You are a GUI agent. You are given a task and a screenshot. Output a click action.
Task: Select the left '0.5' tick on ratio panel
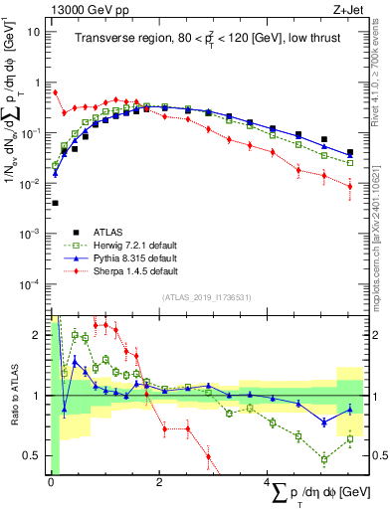(x=33, y=455)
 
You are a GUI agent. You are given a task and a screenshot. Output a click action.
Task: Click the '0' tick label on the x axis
(x=51, y=482)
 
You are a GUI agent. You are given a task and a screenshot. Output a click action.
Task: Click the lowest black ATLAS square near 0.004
(x=55, y=203)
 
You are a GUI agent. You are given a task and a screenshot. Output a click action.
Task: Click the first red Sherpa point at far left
(x=55, y=93)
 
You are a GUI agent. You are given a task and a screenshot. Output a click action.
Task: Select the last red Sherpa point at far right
(x=349, y=186)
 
